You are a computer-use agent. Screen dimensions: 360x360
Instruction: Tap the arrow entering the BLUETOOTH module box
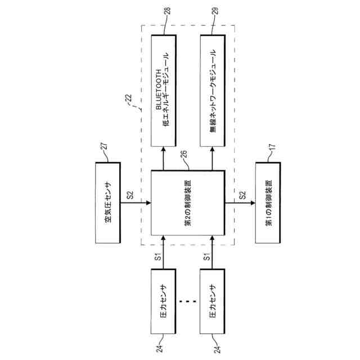pyautogui.click(x=164, y=161)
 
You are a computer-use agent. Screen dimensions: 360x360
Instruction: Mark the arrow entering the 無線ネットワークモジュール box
pyautogui.click(x=213, y=161)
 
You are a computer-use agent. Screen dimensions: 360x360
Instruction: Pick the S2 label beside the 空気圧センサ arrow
pyautogui.click(x=130, y=195)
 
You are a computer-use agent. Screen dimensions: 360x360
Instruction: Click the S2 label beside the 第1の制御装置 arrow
pyautogui.click(x=243, y=195)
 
